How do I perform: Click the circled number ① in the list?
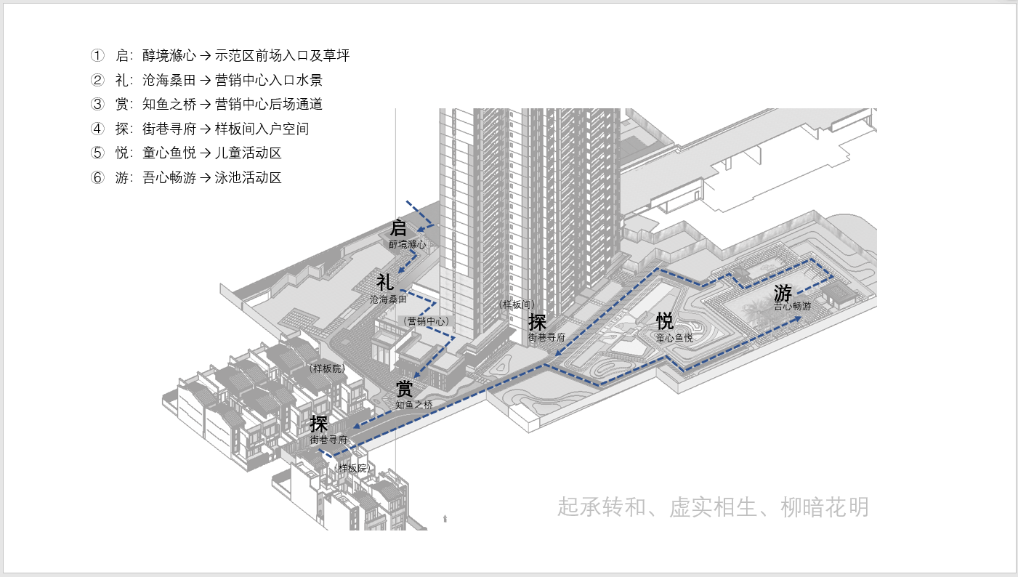97,55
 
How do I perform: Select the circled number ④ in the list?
97,129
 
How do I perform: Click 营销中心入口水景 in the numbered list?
269,80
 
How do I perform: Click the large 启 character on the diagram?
399,227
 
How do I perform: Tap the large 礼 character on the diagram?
385,282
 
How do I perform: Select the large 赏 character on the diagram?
405,388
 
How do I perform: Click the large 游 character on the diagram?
783,294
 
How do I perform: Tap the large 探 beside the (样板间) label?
537,321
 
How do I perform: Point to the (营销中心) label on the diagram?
427,320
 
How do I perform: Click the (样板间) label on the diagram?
517,304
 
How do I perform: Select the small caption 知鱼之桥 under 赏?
414,404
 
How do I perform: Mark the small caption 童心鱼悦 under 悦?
674,338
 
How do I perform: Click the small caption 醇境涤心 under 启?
407,245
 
